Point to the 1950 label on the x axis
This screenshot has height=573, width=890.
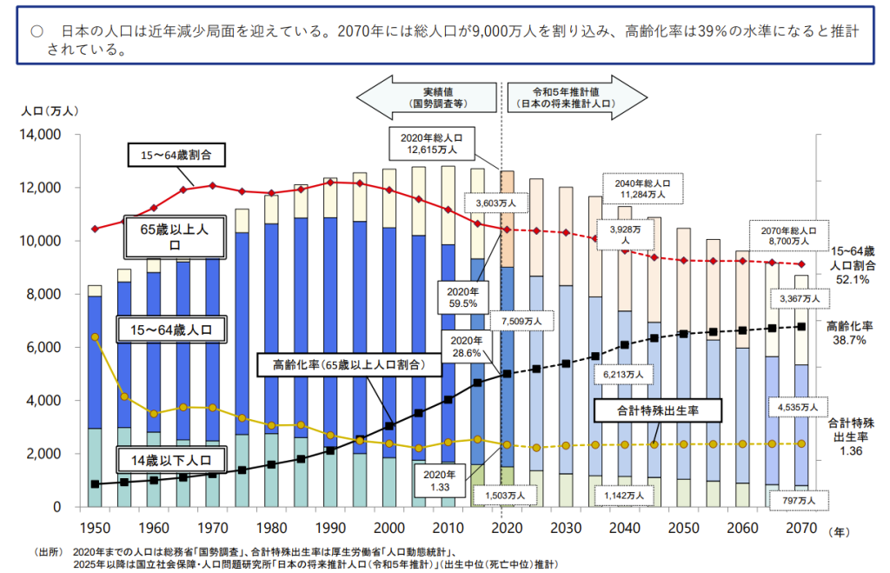coord(94,528)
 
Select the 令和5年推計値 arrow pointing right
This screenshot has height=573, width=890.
coord(574,97)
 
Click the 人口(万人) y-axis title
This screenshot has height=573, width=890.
coord(50,110)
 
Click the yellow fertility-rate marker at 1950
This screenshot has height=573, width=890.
coord(95,336)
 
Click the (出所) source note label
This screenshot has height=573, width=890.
coord(50,551)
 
